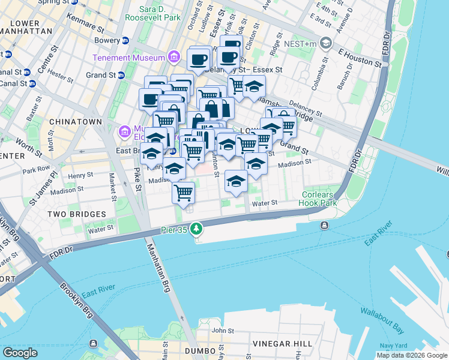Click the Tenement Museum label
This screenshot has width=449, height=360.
[x=128, y=58]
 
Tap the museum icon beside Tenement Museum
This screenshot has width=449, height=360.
[x=174, y=58]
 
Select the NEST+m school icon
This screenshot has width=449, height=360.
[x=326, y=43]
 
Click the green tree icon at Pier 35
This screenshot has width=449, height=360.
[x=196, y=229]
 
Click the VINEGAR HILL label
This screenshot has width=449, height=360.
[x=283, y=344]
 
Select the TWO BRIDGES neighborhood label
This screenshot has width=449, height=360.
[x=78, y=214]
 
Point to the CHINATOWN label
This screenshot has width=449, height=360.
[x=76, y=122]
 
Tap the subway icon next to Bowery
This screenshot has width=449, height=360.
[x=125, y=41]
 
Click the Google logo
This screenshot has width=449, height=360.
[x=20, y=352]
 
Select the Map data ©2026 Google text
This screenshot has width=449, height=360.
[x=412, y=355]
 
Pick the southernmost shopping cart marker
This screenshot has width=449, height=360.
[x=184, y=193]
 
